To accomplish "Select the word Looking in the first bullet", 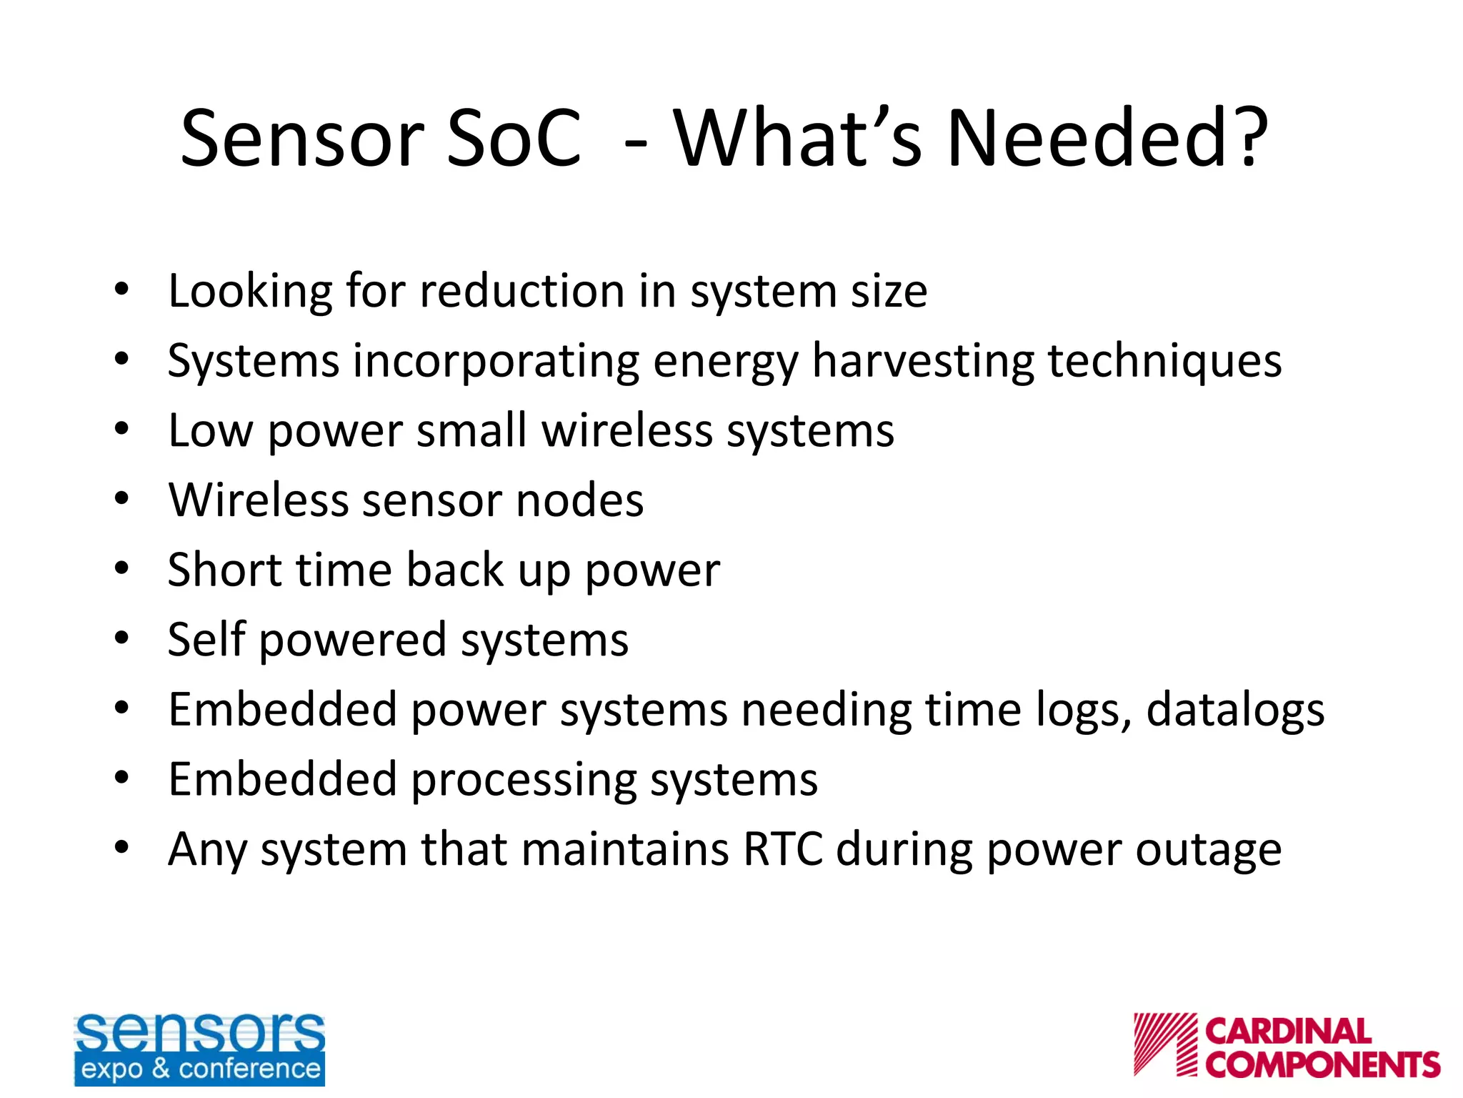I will (x=250, y=292).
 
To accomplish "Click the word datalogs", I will (x=1235, y=711).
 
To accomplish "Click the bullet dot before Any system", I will (x=121, y=848).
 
